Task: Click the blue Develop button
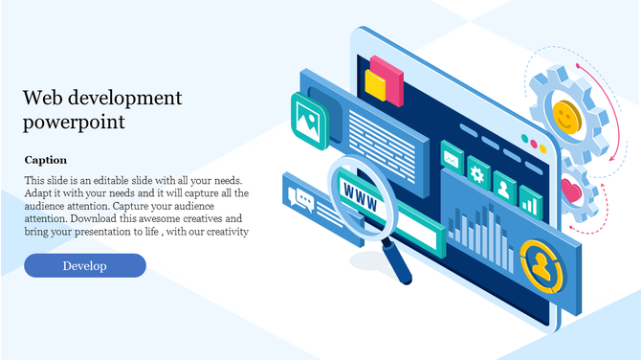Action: [85, 265]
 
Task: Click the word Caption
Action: [46, 160]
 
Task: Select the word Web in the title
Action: [42, 98]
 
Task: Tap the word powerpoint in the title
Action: [75, 123]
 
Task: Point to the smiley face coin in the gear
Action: [567, 117]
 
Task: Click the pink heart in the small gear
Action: [572, 189]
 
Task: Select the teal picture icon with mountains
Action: [309, 120]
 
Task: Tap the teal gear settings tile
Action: [476, 172]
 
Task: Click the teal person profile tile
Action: [503, 185]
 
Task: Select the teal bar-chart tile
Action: [528, 198]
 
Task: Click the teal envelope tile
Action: [451, 159]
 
